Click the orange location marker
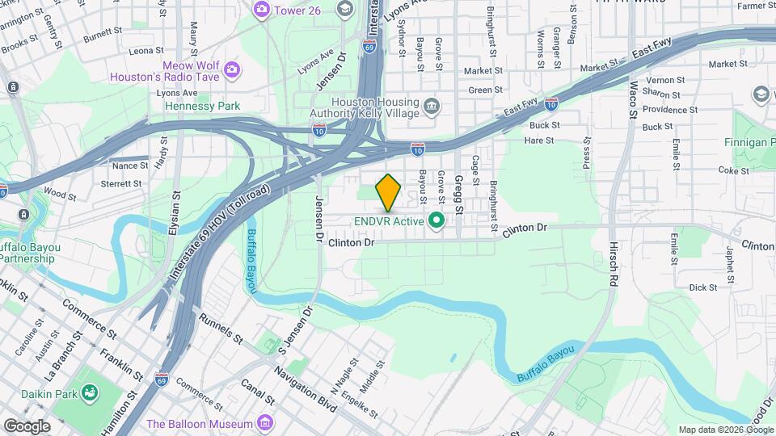point(389,192)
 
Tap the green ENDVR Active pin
point(437,220)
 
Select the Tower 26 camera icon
point(261,9)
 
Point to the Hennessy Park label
point(203,106)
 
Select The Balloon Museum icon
point(264,423)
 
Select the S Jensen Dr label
point(296,329)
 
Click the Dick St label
point(703,287)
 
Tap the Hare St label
point(538,140)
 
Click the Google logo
point(27,426)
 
